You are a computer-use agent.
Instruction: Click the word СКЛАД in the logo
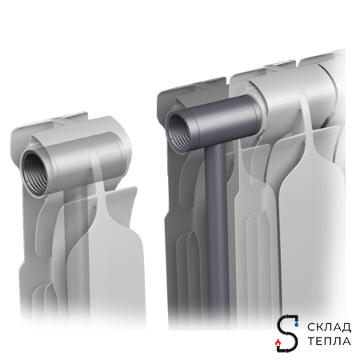click(x=329, y=327)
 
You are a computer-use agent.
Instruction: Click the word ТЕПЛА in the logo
click(x=329, y=341)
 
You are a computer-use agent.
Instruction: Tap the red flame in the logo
click(x=278, y=342)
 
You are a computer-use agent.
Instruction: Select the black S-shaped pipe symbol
click(x=286, y=334)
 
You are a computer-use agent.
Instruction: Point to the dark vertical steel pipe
click(x=217, y=234)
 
